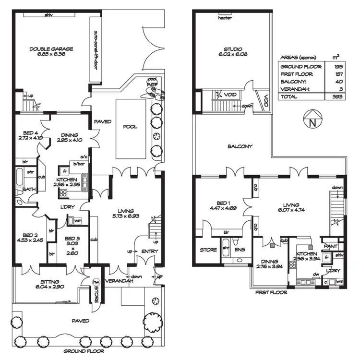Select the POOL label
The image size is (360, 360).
tap(130, 127)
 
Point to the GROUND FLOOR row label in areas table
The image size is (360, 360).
tap(297, 67)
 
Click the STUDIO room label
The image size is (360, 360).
tap(232, 49)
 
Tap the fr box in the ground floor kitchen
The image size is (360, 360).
tap(63, 170)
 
